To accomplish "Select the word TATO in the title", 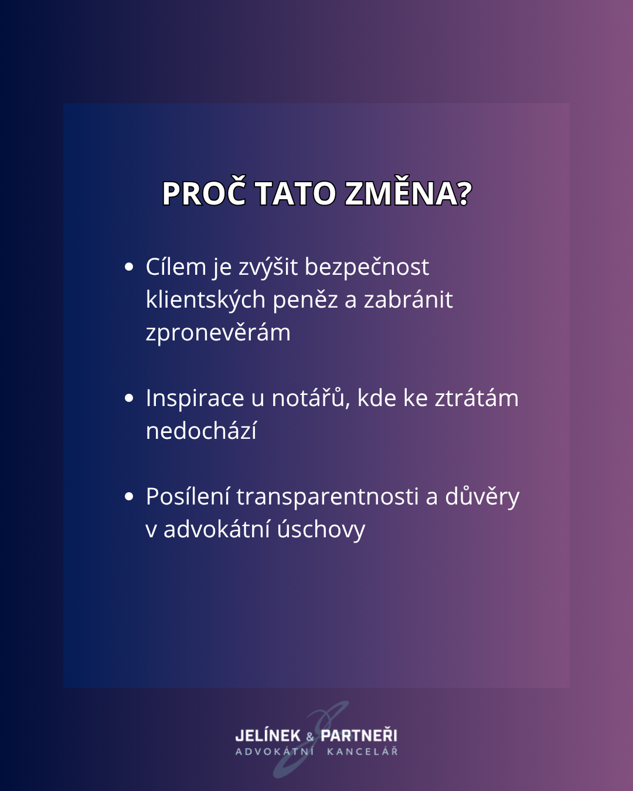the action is (296, 193).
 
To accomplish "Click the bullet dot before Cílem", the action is (129, 267).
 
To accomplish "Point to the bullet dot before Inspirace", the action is (129, 398).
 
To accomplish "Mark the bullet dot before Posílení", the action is (129, 497).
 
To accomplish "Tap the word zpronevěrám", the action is (218, 333).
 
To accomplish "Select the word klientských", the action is (206, 300).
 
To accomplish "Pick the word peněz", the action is (305, 301).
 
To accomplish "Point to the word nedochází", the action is (201, 431).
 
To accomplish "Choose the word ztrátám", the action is (477, 398).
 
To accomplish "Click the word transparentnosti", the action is (328, 497).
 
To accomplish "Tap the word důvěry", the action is (482, 497).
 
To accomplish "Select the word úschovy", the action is (321, 530).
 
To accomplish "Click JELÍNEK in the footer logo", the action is (268, 735).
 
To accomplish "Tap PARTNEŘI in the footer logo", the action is (359, 735).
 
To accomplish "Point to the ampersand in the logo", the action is (310, 737).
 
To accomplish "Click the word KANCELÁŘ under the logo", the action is (362, 751).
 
